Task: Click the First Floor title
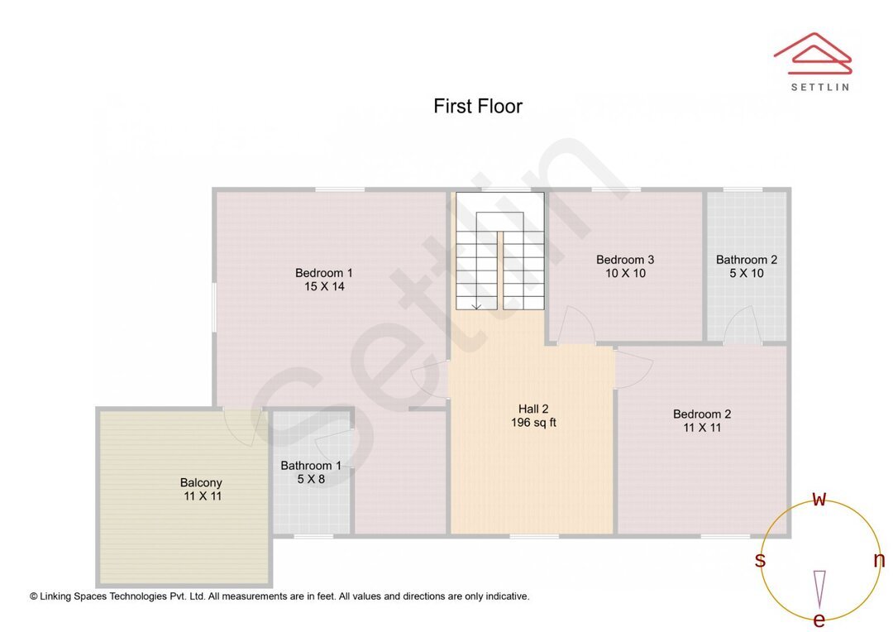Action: tap(478, 107)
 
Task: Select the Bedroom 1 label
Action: tap(324, 273)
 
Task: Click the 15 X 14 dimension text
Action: tap(324, 287)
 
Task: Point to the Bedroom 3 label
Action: tap(625, 260)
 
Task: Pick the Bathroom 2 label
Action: tap(747, 260)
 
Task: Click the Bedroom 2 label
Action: tap(702, 414)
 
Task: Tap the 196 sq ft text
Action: tap(533, 423)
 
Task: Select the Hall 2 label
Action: tap(533, 409)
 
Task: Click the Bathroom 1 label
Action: tap(311, 466)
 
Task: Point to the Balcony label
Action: tap(201, 483)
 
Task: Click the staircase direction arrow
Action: tap(477, 305)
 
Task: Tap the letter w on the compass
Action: tap(819, 499)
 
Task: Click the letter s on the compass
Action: tap(760, 561)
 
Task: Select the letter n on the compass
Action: tap(879, 560)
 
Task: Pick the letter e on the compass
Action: tap(819, 620)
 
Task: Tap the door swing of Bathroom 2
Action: tap(743, 324)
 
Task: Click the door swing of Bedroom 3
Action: tap(575, 324)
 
